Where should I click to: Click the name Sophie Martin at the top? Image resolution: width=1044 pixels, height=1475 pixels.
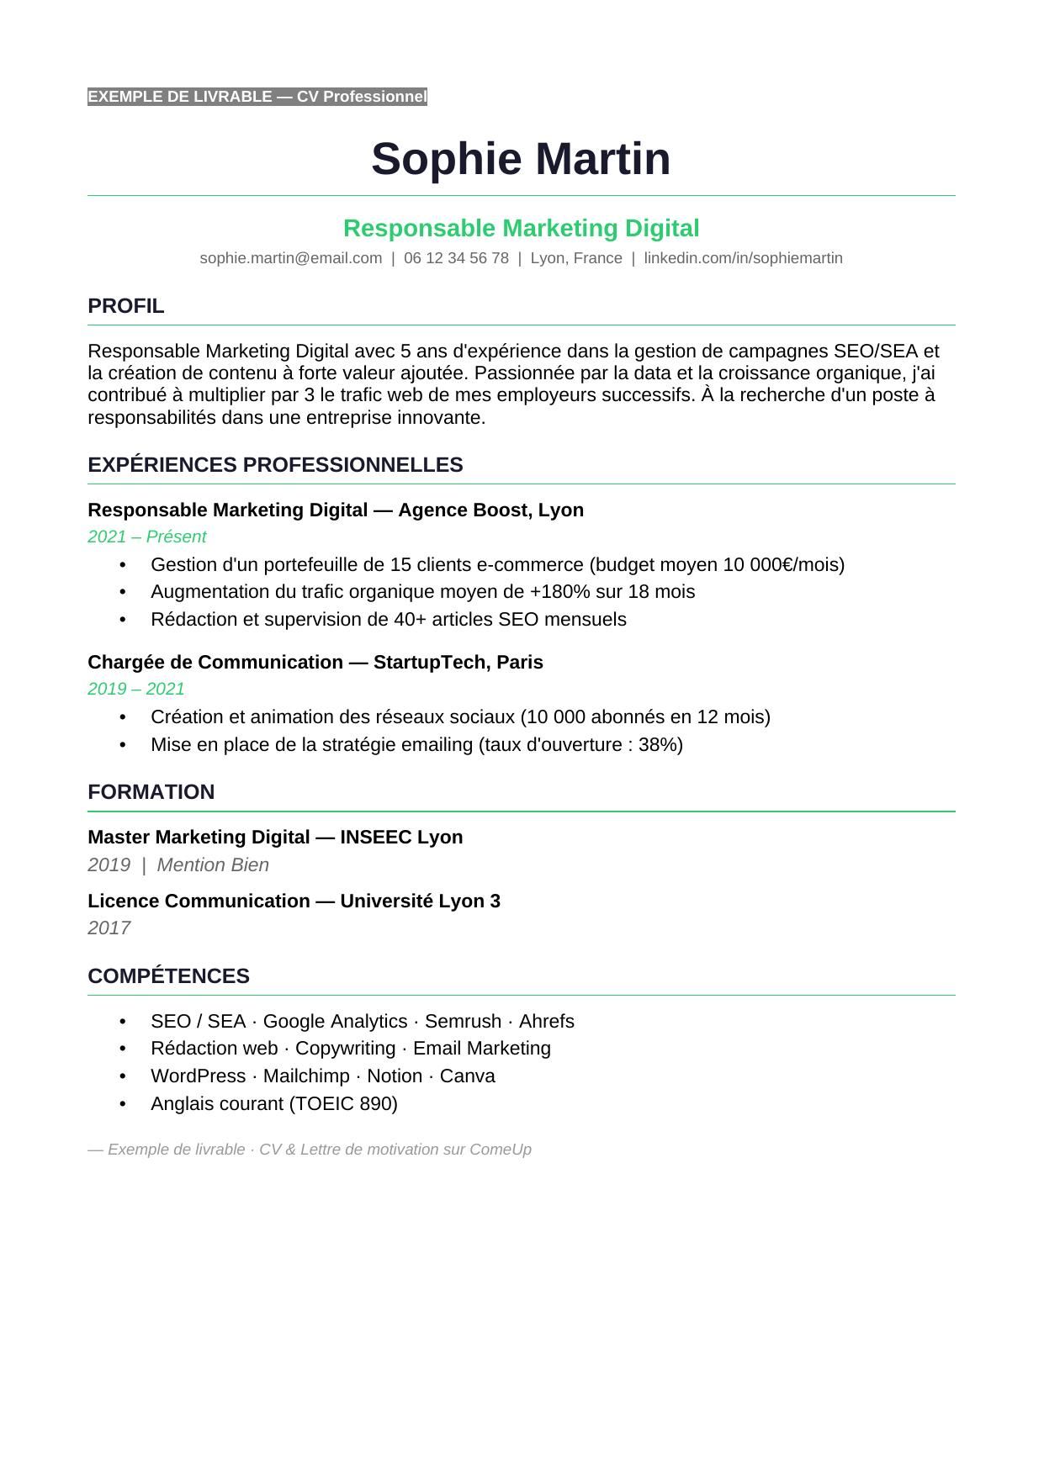521,159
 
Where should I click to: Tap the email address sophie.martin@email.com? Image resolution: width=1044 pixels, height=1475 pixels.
291,258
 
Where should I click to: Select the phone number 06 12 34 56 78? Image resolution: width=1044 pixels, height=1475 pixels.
456,258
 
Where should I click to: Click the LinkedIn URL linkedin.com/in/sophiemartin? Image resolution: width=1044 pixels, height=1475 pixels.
743,258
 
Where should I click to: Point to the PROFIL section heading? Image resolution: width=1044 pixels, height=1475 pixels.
125,306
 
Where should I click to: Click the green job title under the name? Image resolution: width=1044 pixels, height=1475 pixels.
521,228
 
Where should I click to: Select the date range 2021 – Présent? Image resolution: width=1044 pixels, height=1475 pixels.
146,537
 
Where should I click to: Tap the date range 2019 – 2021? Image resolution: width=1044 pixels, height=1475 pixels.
135,689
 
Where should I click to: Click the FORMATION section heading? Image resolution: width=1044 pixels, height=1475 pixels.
151,792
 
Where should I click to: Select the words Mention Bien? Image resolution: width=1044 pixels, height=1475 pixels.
213,864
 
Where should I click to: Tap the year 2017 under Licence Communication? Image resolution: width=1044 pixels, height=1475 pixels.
109,928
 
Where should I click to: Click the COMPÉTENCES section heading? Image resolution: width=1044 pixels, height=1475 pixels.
168,975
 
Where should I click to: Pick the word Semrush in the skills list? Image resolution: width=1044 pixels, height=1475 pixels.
463,1021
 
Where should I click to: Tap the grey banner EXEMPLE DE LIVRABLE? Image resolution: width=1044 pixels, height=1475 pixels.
257,97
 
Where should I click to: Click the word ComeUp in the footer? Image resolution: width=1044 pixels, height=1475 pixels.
501,1149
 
